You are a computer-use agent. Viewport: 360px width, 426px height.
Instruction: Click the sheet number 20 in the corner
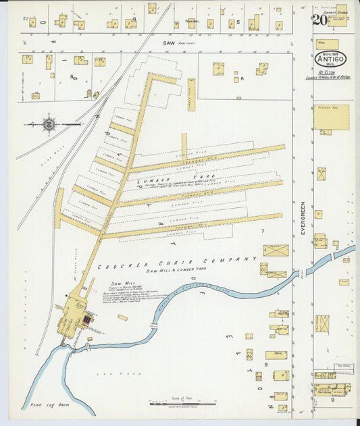321,20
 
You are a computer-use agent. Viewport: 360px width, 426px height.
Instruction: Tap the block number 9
332,400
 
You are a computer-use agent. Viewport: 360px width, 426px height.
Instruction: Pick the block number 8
265,364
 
